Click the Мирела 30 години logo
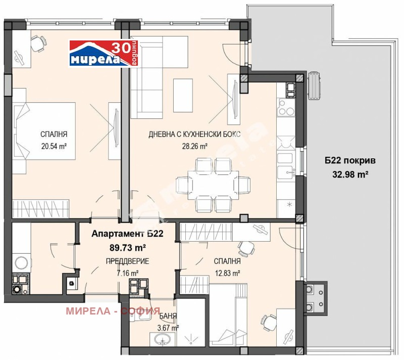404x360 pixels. coord(105,53)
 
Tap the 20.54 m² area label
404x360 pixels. coord(54,147)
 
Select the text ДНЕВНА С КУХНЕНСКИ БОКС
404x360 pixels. coord(194,134)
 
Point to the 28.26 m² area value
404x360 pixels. coord(195,147)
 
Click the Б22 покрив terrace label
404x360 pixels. coord(350,161)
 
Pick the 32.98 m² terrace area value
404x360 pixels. coord(350,174)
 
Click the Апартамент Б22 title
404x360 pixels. coord(128,234)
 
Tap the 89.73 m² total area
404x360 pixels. coord(128,248)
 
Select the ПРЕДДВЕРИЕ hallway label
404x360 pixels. coord(128,261)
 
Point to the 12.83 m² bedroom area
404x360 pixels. coord(228,273)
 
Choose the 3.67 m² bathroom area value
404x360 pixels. coord(168,328)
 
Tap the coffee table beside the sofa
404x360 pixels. coord(183,95)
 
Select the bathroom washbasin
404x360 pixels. coord(162,339)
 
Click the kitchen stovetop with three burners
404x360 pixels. coord(286,107)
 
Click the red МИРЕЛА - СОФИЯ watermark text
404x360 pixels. coord(113,311)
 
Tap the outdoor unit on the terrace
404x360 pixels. coord(314,85)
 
